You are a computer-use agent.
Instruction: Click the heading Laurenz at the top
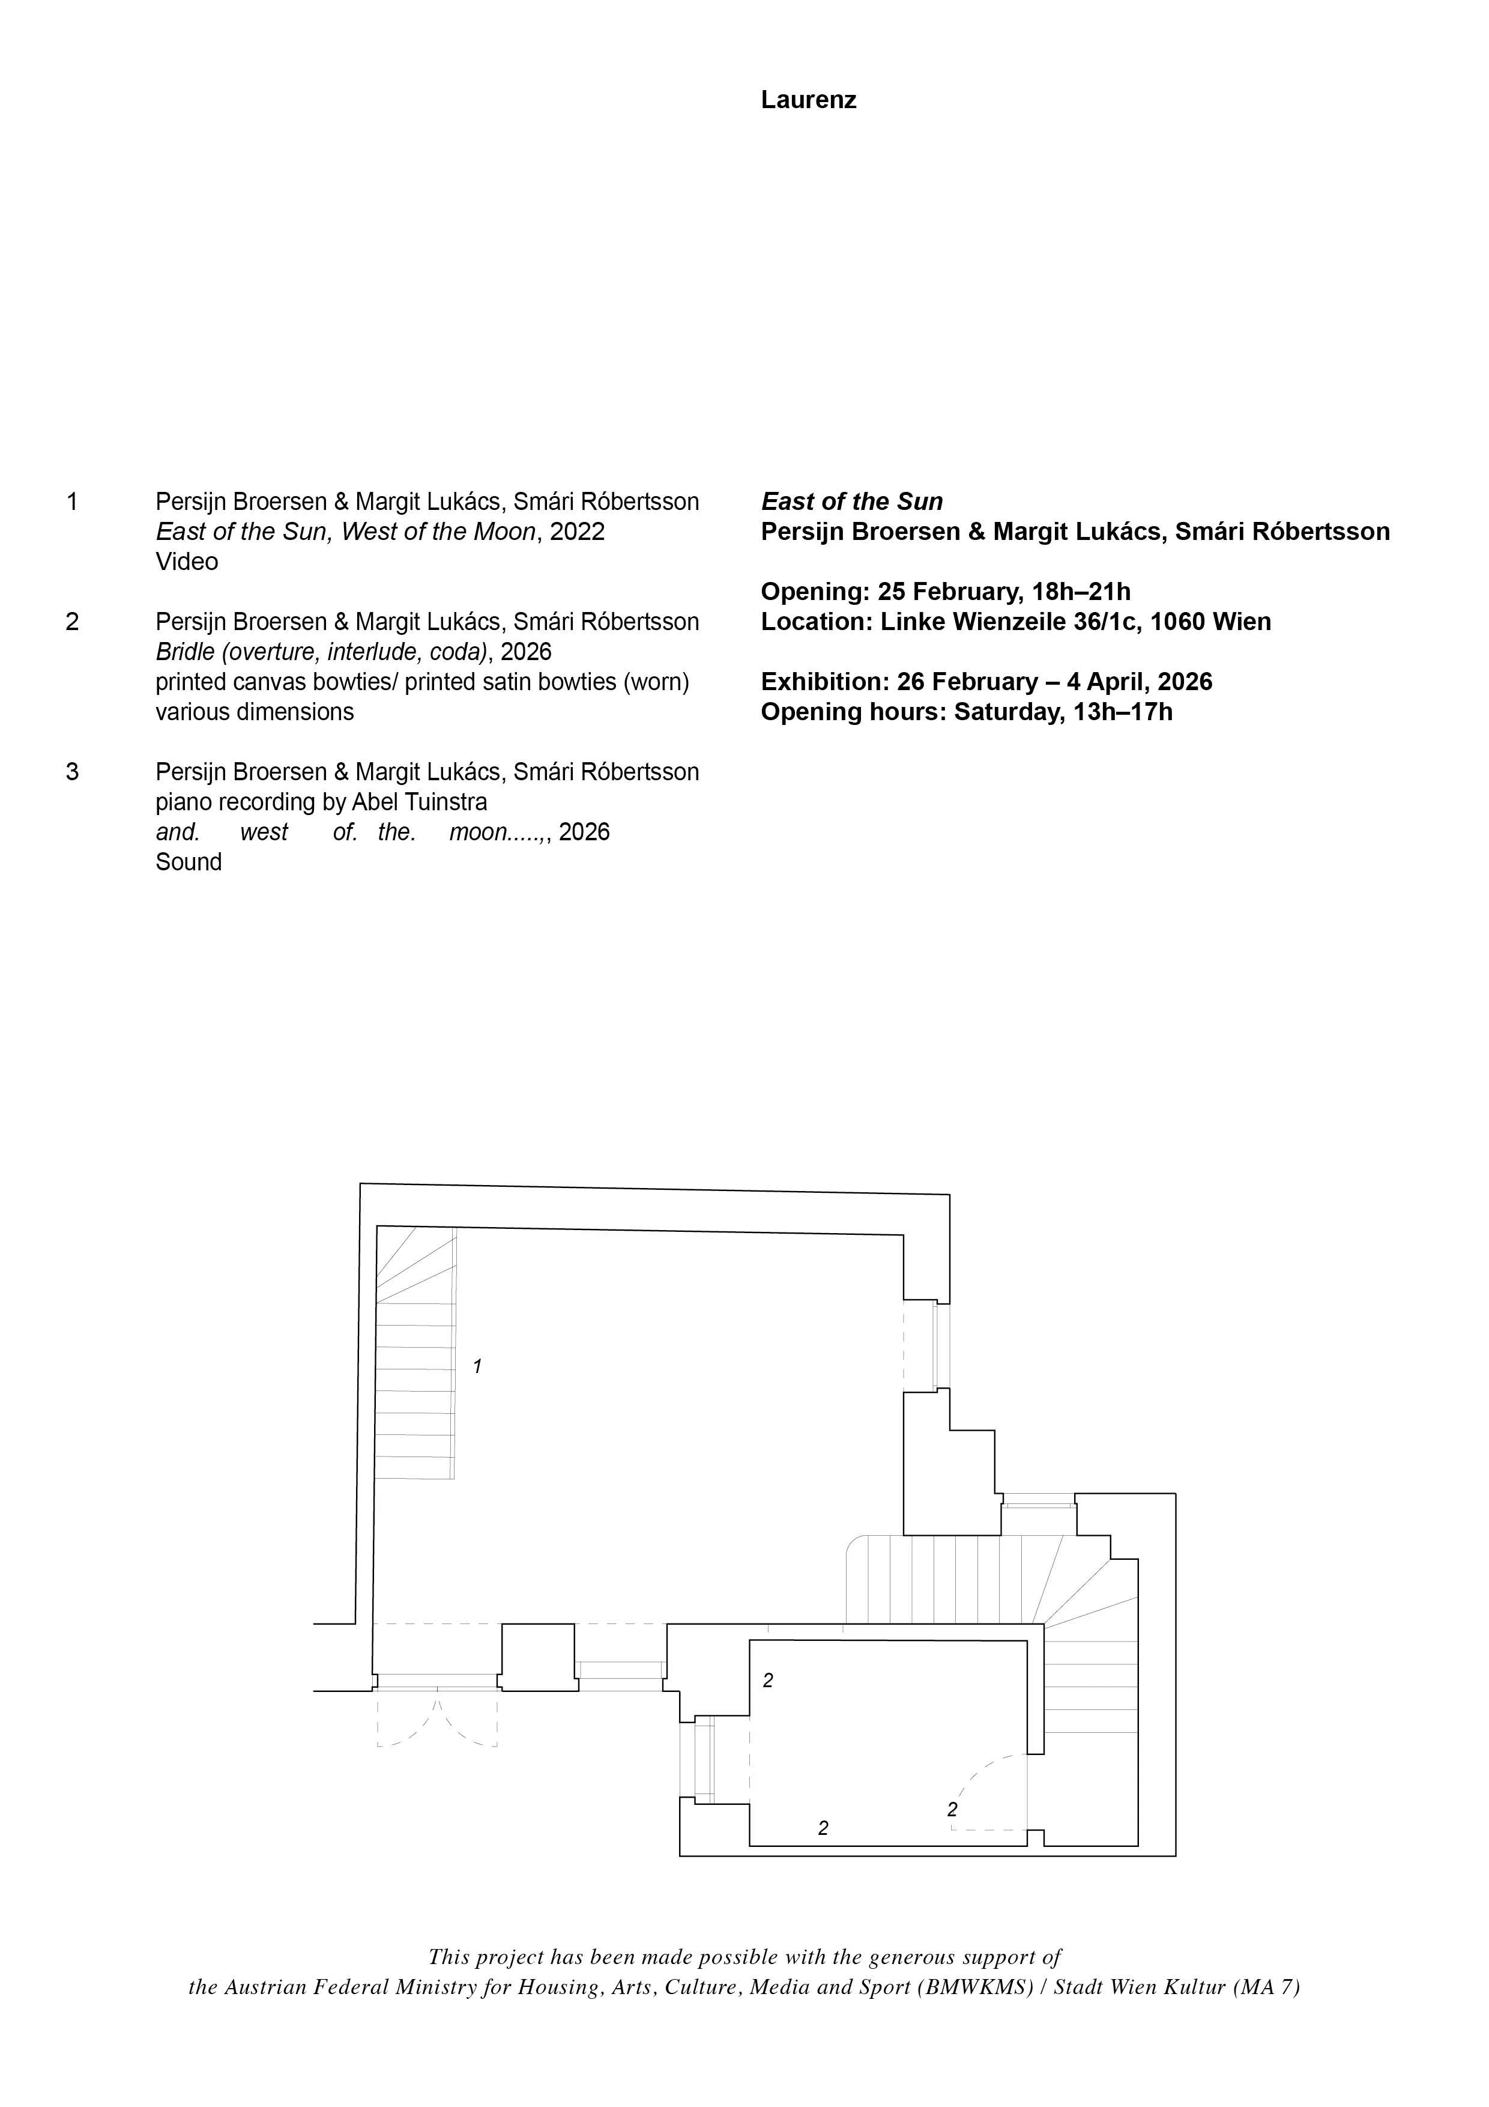(808, 100)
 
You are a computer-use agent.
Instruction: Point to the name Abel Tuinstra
(419, 802)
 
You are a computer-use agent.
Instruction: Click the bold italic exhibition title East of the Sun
(851, 502)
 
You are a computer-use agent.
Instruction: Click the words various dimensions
(254, 712)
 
